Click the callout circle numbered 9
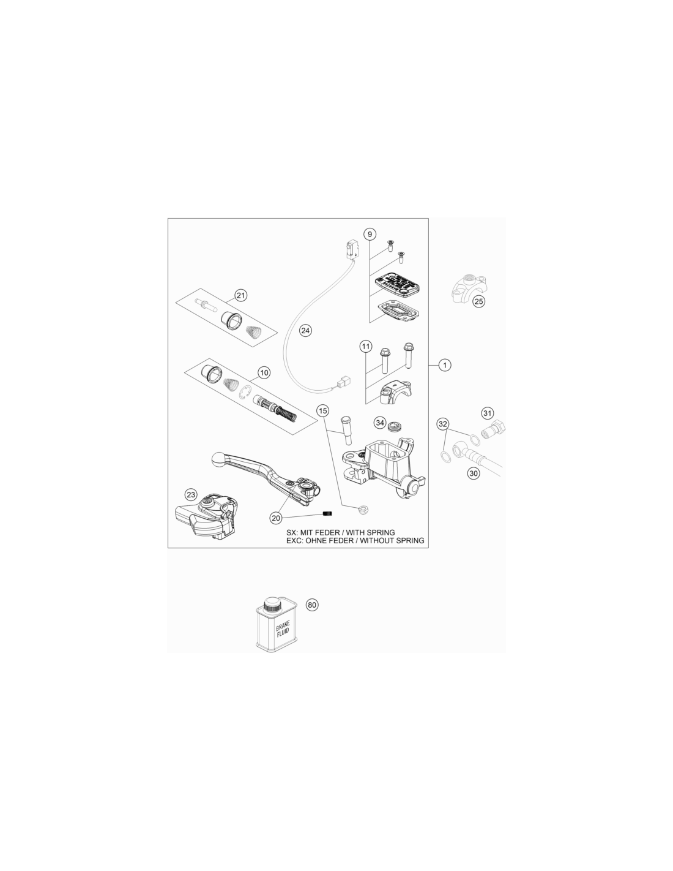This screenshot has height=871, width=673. click(369, 234)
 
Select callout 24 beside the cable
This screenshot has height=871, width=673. click(305, 331)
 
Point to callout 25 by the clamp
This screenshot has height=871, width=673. click(478, 301)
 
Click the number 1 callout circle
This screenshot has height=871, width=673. click(444, 365)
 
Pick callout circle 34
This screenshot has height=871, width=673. click(380, 423)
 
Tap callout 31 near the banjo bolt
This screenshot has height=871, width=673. click(487, 413)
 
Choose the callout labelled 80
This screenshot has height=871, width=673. click(312, 616)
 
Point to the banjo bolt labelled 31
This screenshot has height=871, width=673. click(494, 428)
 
